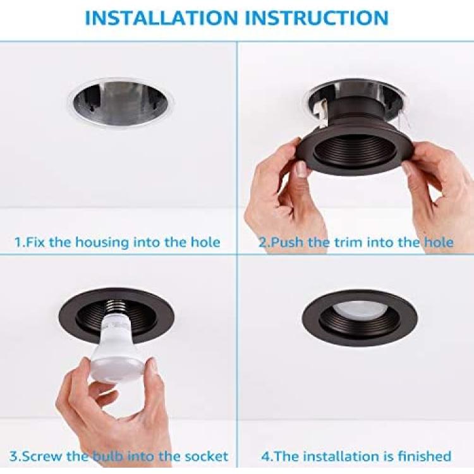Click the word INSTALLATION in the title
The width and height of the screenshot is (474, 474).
[x=161, y=18]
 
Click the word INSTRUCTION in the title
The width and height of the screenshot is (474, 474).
[x=316, y=18]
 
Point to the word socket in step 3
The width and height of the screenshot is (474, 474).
[x=206, y=456]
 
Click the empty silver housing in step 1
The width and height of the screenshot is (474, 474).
[x=121, y=104]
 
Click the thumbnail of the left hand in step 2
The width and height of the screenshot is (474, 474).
[x=301, y=169]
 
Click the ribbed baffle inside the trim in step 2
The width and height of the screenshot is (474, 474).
[x=355, y=151]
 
